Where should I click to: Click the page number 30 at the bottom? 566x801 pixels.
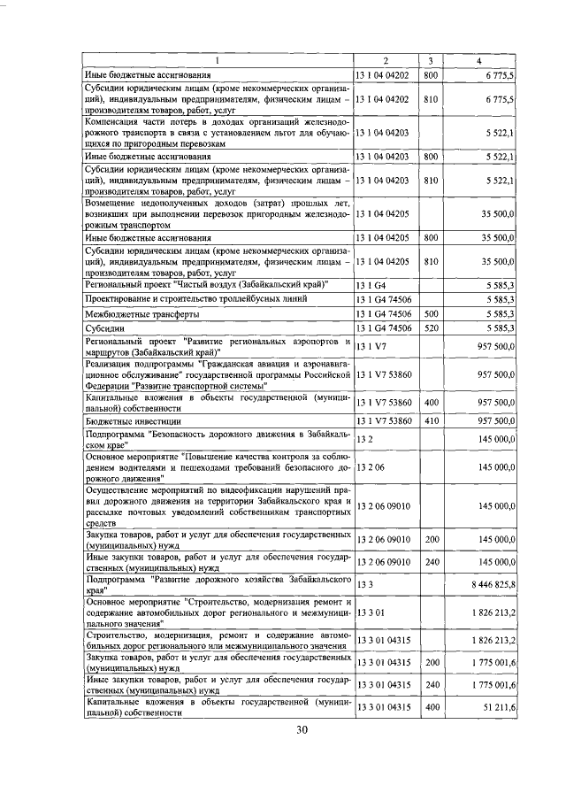click(302, 755)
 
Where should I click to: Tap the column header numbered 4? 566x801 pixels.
click(478, 61)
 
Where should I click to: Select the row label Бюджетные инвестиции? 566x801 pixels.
click(137, 421)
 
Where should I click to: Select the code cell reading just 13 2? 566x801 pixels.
click(363, 439)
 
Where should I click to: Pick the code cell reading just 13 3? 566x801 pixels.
click(363, 585)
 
